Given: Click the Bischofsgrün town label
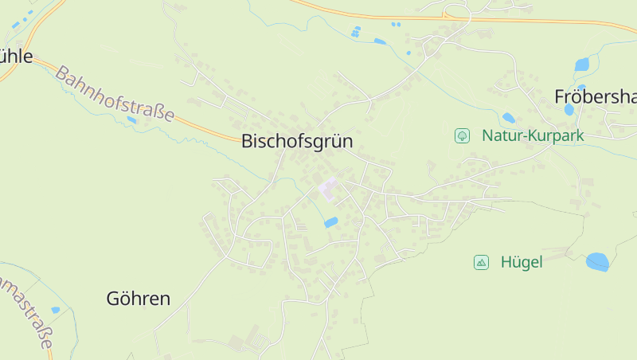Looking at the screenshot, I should coord(296,142).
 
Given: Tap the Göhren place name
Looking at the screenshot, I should coord(139,299).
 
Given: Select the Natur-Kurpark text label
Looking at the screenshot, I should coord(533,135).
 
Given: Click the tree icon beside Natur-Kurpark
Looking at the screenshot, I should coord(462,135).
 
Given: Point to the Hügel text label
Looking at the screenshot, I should coord(522,262).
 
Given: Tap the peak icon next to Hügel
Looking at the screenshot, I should coord(481,262).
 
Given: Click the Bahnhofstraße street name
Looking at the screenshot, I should coord(115,94).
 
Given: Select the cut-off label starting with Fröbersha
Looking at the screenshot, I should coord(595,97).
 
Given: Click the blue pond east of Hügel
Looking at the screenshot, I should coord(597,261).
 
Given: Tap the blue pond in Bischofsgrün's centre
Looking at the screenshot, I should coord(330,222).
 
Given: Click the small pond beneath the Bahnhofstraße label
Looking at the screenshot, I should coord(131,120).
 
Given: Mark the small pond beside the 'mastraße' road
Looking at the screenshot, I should coord(55,310).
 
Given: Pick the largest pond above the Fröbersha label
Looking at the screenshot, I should coord(582,65).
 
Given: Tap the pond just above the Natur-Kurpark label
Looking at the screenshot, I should coord(508,118).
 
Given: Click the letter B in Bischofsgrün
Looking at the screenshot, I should coord(247,142).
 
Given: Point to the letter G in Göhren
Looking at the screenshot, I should coord(113,299).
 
